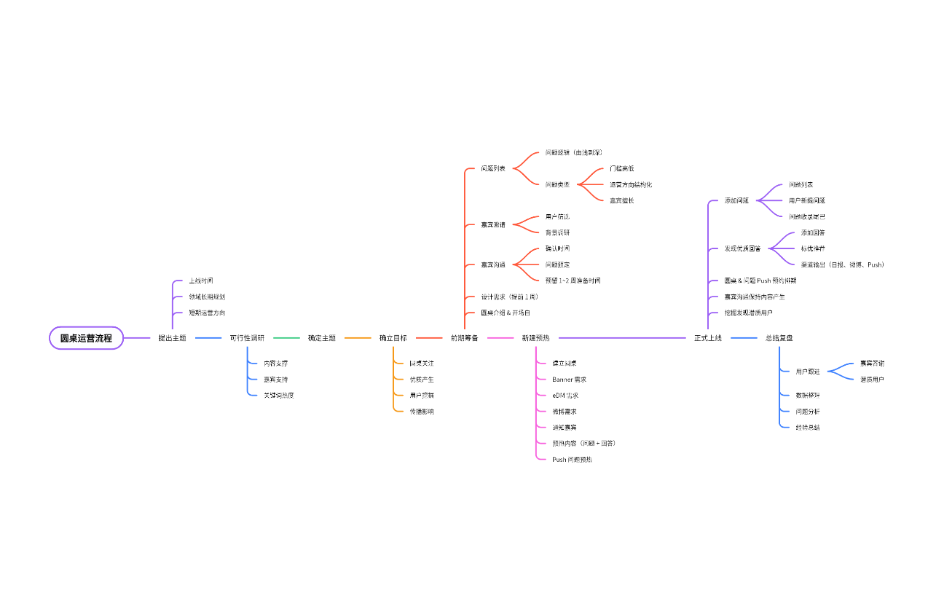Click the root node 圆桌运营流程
[x=86, y=338]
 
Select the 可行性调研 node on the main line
[x=247, y=338]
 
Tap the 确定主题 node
[x=321, y=338]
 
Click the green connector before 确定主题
[x=286, y=338]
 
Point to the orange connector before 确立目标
[x=358, y=338]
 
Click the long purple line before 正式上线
[x=623, y=338]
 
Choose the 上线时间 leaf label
[x=201, y=280]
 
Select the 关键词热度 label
[x=278, y=395]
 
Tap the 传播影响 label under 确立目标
[x=422, y=411]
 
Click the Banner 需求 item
[x=569, y=379]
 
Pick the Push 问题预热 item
[x=572, y=459]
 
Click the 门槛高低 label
[x=622, y=168]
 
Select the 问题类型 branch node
[x=557, y=184]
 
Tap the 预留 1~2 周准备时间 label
[x=573, y=280]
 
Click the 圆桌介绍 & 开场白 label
[x=506, y=313]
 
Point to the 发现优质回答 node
[x=742, y=248]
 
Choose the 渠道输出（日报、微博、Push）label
[x=842, y=264]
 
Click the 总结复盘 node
[x=779, y=338]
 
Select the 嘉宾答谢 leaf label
[x=872, y=363]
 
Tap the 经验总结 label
[x=807, y=427]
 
